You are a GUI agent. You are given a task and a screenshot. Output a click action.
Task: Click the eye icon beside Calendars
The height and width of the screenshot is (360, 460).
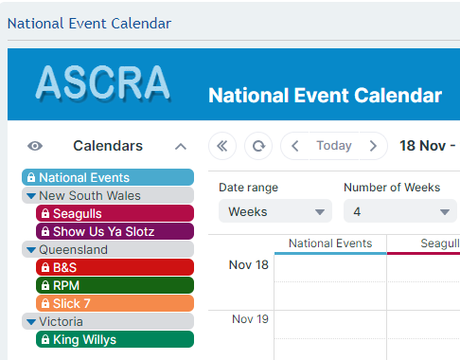pyautogui.click(x=35, y=146)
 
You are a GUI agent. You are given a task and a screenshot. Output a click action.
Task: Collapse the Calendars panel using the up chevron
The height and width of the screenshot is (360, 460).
pyautogui.click(x=181, y=146)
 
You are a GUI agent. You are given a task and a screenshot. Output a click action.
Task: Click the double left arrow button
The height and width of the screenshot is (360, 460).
pyautogui.click(x=222, y=146)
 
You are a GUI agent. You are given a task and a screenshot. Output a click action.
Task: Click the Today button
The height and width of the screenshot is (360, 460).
pyautogui.click(x=333, y=146)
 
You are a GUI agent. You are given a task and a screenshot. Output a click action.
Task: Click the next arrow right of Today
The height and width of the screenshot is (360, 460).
pyautogui.click(x=373, y=146)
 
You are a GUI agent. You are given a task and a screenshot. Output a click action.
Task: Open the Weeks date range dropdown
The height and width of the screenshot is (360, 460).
pyautogui.click(x=275, y=211)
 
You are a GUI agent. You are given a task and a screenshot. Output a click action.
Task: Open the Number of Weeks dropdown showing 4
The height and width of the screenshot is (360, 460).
pyautogui.click(x=399, y=211)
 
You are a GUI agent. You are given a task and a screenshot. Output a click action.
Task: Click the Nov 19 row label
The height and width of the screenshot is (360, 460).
pyautogui.click(x=250, y=319)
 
